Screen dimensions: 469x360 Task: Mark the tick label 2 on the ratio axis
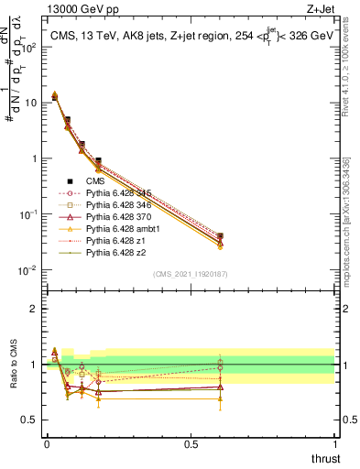[35, 309]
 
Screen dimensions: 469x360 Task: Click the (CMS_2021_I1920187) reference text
[191, 273]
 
